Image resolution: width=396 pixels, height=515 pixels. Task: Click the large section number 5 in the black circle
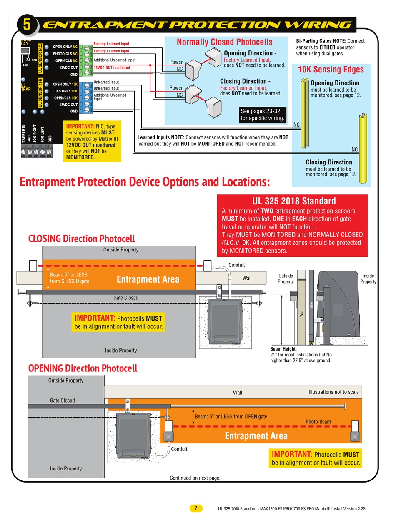pyautogui.click(x=27, y=25)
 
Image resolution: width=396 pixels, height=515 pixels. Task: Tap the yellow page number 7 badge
pyautogui.click(x=196, y=508)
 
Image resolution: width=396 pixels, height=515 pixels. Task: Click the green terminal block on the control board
pyautogui.click(x=85, y=60)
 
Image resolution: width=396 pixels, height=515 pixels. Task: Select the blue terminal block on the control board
pyautogui.click(x=85, y=97)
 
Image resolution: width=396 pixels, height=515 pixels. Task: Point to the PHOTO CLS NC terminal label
pyautogui.click(x=65, y=54)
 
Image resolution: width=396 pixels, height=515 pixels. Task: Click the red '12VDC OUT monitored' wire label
pyautogui.click(x=112, y=67)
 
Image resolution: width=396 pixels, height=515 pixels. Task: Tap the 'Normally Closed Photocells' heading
pyautogui.click(x=224, y=42)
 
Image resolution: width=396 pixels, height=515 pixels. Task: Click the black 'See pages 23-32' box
pyautogui.click(x=263, y=115)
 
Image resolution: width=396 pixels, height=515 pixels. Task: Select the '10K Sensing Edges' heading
pyautogui.click(x=331, y=70)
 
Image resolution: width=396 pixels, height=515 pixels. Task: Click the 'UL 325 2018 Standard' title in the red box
pyautogui.click(x=294, y=201)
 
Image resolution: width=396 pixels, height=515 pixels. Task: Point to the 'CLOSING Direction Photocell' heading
pyautogui.click(x=82, y=239)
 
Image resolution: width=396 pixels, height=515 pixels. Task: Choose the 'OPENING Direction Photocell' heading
pyautogui.click(x=83, y=368)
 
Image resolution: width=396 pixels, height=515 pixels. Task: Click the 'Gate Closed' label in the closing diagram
pyautogui.click(x=126, y=298)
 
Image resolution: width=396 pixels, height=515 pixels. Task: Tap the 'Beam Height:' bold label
pyautogui.click(x=283, y=349)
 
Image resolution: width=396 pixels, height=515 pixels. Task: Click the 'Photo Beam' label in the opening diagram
pyautogui.click(x=318, y=422)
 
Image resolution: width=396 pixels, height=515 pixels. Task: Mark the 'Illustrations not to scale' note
pyautogui.click(x=333, y=392)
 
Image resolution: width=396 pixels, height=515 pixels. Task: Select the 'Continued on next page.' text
pyautogui.click(x=195, y=478)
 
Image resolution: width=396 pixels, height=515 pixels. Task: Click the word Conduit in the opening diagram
pyautogui.click(x=179, y=449)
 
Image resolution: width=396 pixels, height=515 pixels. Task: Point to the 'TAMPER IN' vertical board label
pyautogui.click(x=23, y=134)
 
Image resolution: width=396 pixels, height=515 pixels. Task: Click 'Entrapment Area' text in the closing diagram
pyautogui.click(x=148, y=279)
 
